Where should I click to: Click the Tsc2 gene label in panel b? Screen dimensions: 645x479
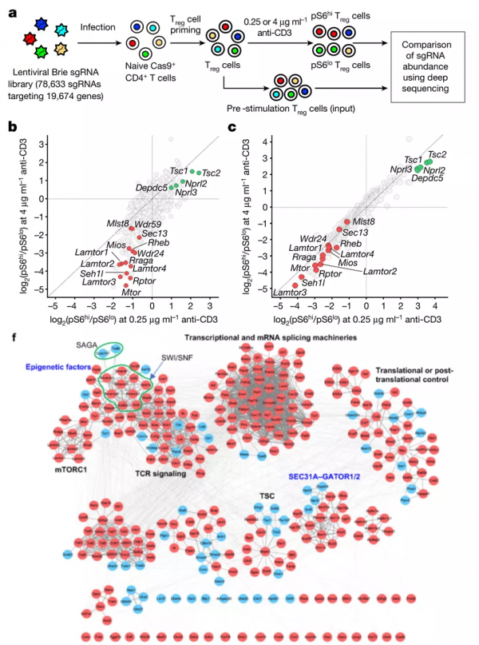click(x=211, y=173)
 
